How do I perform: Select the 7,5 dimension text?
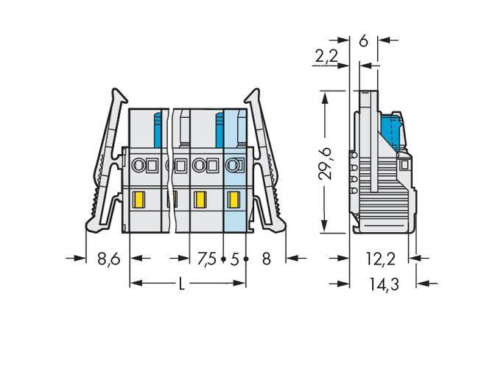[207, 259]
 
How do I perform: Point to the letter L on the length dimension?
[182, 284]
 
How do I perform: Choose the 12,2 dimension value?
[382, 259]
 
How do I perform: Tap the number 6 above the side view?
[363, 41]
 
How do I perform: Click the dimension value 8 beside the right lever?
[267, 259]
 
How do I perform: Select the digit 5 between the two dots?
[234, 259]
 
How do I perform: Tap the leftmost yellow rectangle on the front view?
[138, 199]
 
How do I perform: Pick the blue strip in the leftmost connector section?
[157, 131]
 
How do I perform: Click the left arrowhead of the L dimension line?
[133, 284]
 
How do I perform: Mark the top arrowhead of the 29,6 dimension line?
[324, 95]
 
